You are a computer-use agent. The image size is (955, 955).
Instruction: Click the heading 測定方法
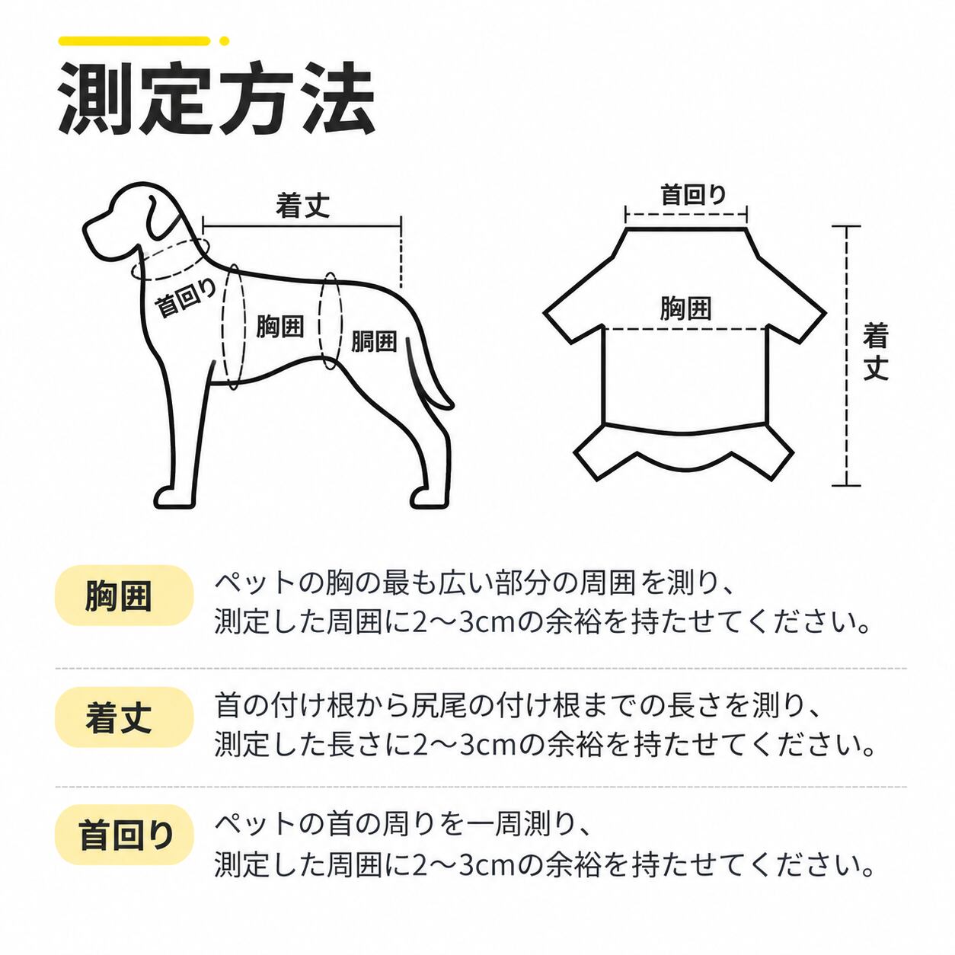point(216,98)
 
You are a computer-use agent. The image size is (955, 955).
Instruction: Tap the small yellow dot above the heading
point(224,40)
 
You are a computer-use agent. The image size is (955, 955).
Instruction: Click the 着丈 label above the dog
point(302,205)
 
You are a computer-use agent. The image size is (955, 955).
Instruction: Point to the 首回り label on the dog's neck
point(186,298)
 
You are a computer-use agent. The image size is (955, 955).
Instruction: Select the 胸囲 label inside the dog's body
point(279,326)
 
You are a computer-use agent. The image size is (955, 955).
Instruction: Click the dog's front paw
point(174,497)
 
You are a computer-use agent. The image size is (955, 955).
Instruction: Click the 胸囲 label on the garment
point(685,308)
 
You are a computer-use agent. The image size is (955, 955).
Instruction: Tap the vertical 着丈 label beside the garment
point(875,351)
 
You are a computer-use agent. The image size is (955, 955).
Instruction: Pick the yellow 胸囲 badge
point(124,596)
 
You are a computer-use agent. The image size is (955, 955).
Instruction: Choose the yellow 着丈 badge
point(124,717)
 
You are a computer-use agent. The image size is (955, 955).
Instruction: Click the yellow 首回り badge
point(124,835)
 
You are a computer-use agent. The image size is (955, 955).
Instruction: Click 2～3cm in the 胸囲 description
point(464,622)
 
